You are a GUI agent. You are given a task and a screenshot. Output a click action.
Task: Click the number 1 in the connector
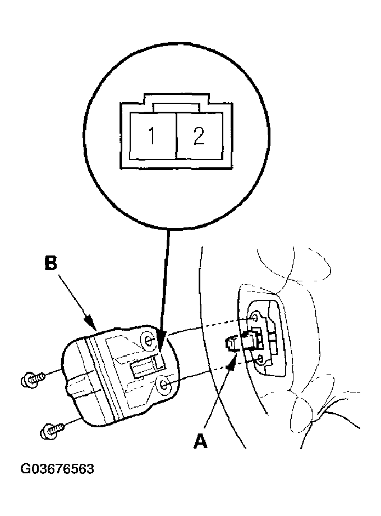point(152,135)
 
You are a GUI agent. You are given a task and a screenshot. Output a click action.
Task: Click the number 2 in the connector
point(199,135)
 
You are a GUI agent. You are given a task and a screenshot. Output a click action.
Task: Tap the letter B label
point(51,263)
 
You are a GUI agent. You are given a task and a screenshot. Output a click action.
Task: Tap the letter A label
point(200,441)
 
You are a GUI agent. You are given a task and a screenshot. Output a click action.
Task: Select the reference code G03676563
point(57,469)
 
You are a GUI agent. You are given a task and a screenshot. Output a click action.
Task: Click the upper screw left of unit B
point(33,379)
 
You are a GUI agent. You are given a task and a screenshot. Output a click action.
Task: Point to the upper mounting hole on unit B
point(149,340)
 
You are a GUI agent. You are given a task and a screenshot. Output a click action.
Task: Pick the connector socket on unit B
point(148,366)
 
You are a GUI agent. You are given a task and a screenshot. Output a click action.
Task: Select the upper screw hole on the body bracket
point(255,318)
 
